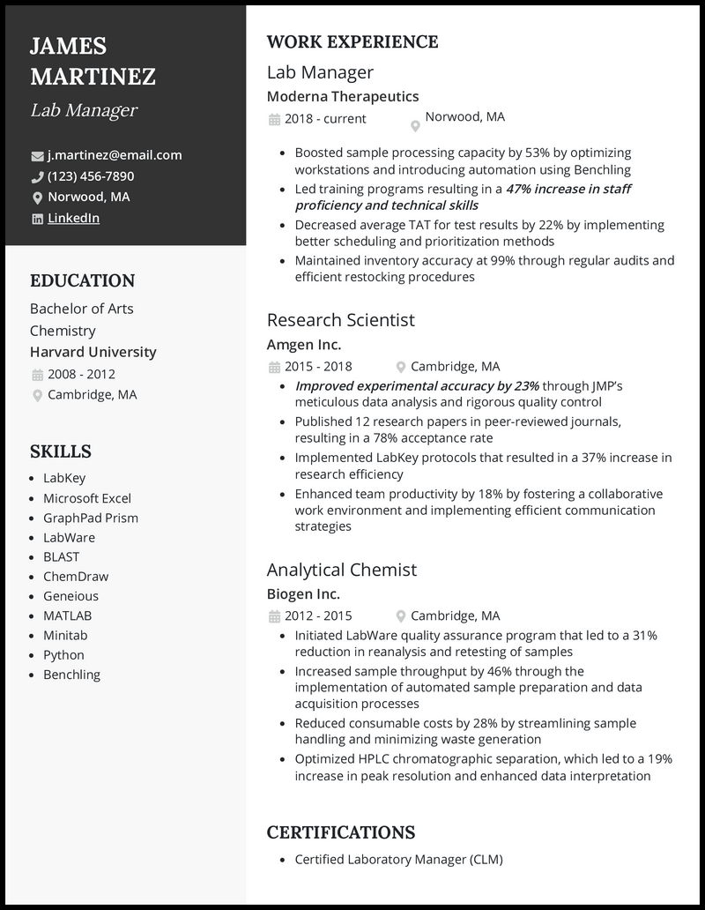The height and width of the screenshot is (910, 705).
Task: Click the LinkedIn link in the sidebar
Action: [73, 219]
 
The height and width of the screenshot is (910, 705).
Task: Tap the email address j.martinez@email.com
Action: [115, 155]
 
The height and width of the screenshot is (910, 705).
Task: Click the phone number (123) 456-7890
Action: [91, 176]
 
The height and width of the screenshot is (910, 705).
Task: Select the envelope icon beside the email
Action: [37, 156]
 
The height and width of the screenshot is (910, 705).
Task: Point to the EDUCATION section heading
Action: [82, 281]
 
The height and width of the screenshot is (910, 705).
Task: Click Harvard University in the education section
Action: [93, 352]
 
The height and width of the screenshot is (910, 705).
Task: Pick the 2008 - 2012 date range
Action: [81, 374]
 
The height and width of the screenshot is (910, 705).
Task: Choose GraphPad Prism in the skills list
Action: [91, 518]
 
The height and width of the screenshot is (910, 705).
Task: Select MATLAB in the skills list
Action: [67, 615]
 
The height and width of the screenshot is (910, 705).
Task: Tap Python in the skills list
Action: [63, 654]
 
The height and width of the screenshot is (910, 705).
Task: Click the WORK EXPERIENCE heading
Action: [352, 41]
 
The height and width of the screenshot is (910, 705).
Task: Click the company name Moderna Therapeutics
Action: [343, 96]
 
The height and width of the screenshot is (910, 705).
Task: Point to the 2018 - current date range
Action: [325, 118]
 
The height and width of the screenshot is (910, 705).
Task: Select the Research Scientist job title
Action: [340, 320]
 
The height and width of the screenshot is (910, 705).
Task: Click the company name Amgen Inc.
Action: [304, 345]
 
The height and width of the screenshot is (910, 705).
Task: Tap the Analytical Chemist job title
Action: [342, 570]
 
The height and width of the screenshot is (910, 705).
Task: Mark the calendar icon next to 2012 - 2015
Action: [274, 616]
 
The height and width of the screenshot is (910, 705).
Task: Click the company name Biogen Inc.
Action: [303, 594]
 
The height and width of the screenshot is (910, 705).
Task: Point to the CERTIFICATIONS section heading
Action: [340, 832]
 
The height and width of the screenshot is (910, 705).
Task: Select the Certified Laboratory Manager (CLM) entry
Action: [398, 859]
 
